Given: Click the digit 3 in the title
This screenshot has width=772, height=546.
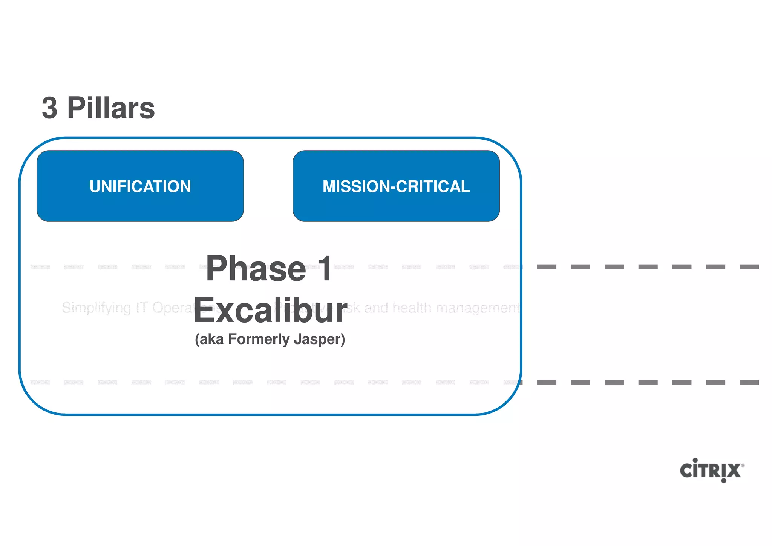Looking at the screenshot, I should [50, 108].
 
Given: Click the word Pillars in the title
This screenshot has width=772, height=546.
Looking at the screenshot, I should [111, 108].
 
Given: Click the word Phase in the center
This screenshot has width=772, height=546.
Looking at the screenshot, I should [256, 269].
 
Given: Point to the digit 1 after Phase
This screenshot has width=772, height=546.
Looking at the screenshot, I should [324, 269].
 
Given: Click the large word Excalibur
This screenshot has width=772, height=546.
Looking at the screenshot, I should [270, 310].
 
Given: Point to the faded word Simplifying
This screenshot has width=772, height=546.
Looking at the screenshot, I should [96, 308].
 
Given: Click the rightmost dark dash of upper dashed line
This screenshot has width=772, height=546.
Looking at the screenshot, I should [749, 267].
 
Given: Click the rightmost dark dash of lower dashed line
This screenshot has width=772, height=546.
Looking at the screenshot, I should [749, 382].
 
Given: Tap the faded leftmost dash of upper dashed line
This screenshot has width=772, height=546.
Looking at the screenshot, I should [40, 267].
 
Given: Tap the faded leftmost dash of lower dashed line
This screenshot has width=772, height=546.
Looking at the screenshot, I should [40, 382].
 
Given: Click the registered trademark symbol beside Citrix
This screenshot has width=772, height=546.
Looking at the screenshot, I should [743, 466].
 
